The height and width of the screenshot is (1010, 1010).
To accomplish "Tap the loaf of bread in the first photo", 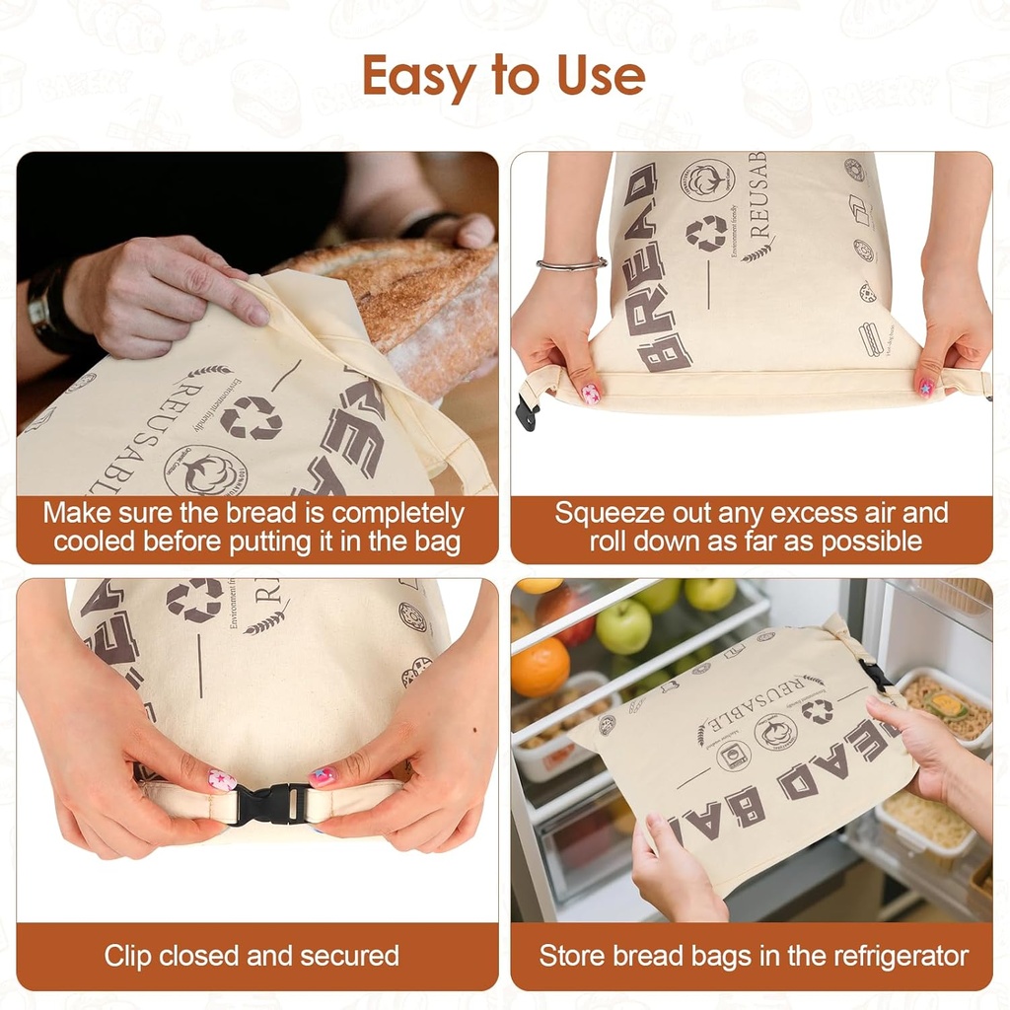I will pos(414,296).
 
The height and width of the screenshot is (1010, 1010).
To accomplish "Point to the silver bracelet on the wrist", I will pos(571,264).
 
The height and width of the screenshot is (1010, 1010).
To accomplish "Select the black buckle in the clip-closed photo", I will pos(272,804).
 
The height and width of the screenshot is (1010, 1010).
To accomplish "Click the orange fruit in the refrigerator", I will pos(540,667).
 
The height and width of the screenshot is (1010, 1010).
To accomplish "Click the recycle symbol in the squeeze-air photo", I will pos(706,233).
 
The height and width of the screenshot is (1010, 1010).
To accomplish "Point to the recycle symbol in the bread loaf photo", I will pos(251,418).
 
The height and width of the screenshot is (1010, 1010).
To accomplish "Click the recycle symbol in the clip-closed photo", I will pos(193,599).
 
